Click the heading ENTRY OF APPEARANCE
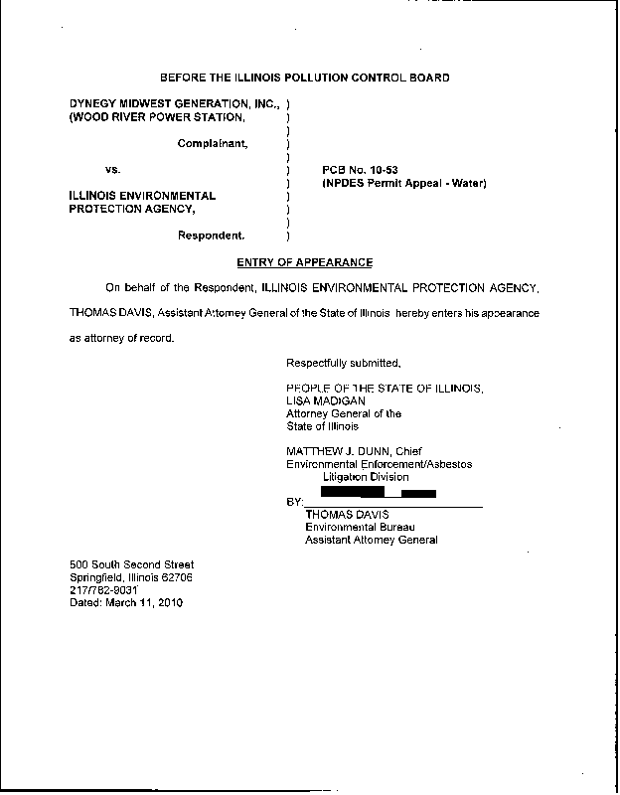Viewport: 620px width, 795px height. point(305,262)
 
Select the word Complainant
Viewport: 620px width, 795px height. point(213,144)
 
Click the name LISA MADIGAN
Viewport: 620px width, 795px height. point(319,400)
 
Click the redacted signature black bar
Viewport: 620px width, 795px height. point(379,492)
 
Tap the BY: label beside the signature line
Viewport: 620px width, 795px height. point(294,503)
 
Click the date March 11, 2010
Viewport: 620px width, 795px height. point(144,602)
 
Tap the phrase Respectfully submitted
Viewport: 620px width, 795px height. point(343,362)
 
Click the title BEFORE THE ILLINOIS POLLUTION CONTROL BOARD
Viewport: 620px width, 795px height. point(304,78)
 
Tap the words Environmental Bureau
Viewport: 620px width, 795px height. point(359,527)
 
